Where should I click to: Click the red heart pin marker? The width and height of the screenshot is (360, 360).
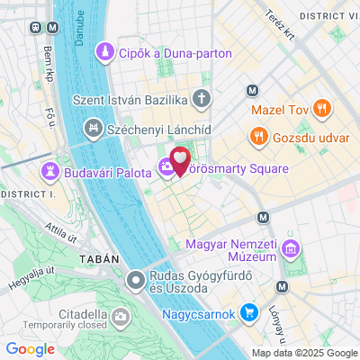point(181,160)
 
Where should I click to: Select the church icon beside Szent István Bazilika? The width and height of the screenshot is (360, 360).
point(204,96)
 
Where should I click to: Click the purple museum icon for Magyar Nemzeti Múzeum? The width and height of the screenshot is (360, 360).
point(291,248)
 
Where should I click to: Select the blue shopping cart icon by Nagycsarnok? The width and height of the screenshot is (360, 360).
point(251,313)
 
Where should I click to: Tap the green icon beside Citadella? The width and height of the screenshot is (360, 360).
point(120,315)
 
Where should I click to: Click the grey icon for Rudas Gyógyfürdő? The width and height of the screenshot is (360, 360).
point(136,281)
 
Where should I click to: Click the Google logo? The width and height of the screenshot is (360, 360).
point(31,349)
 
